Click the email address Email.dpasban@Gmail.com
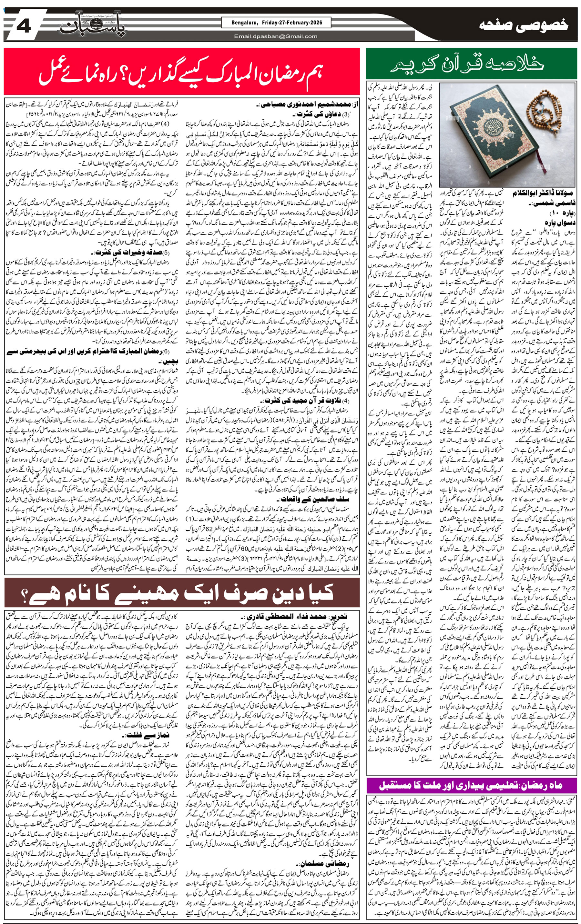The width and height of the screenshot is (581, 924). pyautogui.click(x=276, y=36)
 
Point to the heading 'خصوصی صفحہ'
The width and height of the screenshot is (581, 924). pyautogui.click(x=524, y=25)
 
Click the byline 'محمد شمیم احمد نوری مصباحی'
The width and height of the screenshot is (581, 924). pyautogui.click(x=303, y=104)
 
